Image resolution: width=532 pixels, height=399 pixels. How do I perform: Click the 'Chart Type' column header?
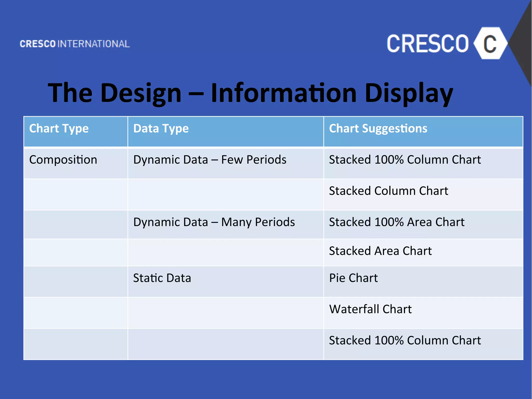pos(59,129)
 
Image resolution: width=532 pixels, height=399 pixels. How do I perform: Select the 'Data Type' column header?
pos(161,129)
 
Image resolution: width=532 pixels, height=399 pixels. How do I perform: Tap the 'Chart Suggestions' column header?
pos(378,129)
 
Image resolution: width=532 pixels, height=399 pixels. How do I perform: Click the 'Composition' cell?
pos(63,160)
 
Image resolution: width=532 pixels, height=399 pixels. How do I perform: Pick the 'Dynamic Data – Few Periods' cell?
pos(210,160)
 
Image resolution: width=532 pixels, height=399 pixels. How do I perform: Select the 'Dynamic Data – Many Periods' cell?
pos(214,222)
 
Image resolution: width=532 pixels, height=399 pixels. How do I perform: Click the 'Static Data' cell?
pos(162,278)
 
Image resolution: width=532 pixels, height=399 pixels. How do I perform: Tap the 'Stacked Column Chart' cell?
pos(388,191)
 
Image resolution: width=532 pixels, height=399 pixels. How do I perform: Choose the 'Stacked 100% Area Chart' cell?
pos(396,222)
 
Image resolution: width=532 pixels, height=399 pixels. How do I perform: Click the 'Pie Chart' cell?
pos(353,278)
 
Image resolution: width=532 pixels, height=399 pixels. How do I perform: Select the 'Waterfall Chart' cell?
pos(370,309)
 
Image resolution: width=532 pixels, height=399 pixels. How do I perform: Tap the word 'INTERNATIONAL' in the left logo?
pos(94,44)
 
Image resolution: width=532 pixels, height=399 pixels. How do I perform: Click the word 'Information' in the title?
pos(284,93)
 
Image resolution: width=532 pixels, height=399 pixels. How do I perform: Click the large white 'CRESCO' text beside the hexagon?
pos(428,44)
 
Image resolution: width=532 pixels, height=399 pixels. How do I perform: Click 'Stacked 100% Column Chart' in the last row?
pos(405,341)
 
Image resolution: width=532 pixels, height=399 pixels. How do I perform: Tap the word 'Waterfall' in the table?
pos(354,309)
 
